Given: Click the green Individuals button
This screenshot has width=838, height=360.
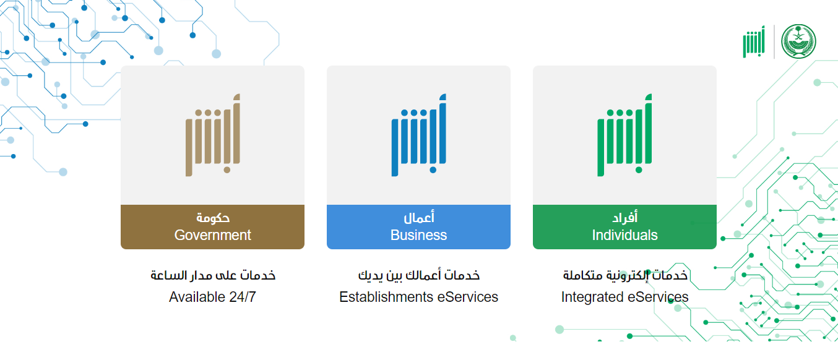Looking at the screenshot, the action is (x=624, y=226).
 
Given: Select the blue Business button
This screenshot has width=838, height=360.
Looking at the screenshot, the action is (x=418, y=226).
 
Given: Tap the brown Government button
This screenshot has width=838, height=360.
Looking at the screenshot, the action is (x=212, y=226).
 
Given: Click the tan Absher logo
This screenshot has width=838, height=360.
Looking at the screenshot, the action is (x=213, y=135).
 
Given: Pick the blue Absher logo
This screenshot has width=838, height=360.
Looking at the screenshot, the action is (x=418, y=135).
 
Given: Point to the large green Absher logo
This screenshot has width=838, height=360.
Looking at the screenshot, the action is (x=624, y=135).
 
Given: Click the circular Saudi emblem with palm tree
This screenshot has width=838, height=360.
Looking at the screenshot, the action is (x=798, y=41).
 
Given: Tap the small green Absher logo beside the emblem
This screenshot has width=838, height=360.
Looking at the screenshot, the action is (x=753, y=42).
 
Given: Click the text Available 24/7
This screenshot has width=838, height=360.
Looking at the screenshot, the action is (x=212, y=297).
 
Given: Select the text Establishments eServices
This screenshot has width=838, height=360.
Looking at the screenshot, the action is (x=418, y=297).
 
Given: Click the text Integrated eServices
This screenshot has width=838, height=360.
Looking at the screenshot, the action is (x=624, y=297).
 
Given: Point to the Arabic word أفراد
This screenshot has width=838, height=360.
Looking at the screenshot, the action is (x=624, y=217).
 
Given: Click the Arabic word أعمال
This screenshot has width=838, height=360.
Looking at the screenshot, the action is (x=418, y=217).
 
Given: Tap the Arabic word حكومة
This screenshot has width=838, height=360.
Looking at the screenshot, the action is (x=213, y=217).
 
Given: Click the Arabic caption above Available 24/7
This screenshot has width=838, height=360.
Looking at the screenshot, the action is (x=213, y=275).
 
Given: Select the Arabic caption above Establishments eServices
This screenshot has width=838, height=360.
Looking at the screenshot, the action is (x=418, y=275).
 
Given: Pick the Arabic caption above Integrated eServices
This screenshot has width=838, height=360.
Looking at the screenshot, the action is (x=625, y=275).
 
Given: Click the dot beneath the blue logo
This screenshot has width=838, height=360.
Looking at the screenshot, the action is (x=433, y=169).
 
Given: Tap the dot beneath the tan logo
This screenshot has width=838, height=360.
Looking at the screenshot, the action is (x=227, y=169).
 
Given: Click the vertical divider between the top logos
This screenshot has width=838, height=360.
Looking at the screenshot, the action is (x=774, y=41).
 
